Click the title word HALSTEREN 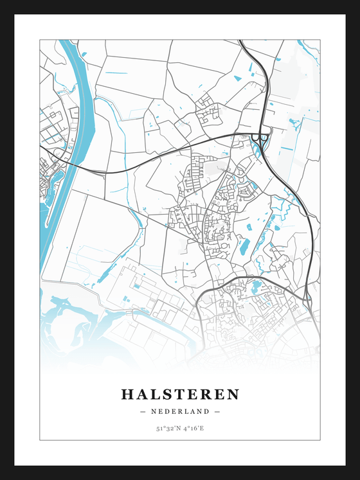180,394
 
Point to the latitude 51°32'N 166,428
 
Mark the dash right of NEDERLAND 217,411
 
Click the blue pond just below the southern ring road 256,287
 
